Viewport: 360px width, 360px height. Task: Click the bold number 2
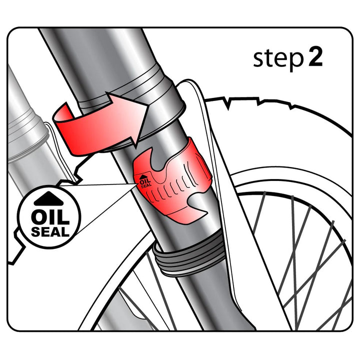315,56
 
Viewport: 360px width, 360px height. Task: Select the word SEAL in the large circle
50,231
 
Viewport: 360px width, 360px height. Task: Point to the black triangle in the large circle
48,199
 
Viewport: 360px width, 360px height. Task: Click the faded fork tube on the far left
27,138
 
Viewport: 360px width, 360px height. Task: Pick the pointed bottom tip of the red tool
188,222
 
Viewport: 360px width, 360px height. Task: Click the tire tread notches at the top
259,102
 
